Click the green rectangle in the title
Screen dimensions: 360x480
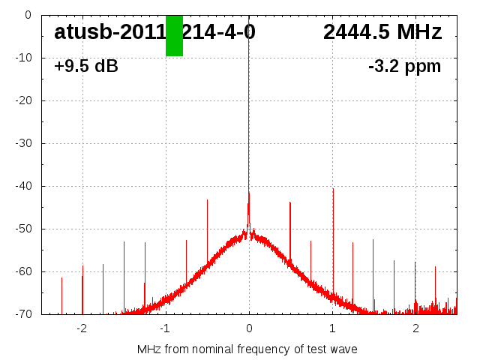174,35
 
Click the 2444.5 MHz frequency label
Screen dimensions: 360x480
382,32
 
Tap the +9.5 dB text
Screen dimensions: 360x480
86,66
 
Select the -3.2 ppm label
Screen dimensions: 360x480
404,66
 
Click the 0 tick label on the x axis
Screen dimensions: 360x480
249,328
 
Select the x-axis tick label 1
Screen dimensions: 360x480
332,328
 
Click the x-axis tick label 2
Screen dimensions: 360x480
415,328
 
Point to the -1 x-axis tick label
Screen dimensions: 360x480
163,328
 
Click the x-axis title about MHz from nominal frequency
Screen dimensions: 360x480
247,349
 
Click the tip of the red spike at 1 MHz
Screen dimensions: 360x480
333,188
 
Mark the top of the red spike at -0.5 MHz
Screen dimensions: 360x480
207,199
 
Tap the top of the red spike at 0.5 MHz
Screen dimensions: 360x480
290,202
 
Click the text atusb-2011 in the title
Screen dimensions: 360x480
109,32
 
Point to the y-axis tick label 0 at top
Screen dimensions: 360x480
28,15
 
